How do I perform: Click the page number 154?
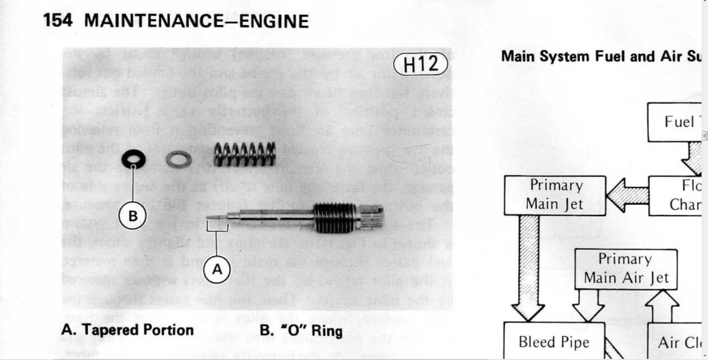point(57,20)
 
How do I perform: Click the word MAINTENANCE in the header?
point(153,21)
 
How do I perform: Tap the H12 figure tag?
point(420,64)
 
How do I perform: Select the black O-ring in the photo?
point(133,159)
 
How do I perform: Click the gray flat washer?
point(178,160)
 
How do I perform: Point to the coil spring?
point(245,154)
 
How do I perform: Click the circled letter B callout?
point(133,216)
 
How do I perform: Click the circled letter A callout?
point(217,270)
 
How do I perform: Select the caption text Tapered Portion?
point(137,330)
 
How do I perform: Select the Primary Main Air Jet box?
point(626,269)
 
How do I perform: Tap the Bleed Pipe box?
point(554,342)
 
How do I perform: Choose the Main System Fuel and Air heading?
point(601,57)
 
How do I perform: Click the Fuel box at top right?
point(675,122)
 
